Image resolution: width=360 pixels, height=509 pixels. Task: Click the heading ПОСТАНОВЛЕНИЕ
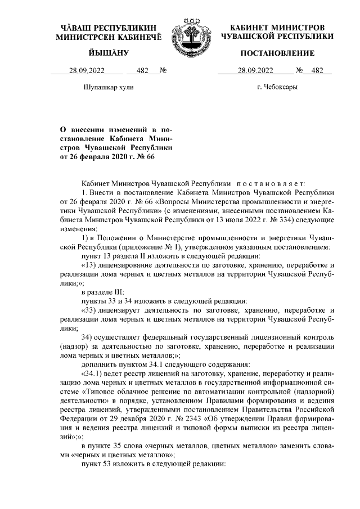click(x=277, y=53)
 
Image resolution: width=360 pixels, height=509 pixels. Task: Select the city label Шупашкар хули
click(x=108, y=87)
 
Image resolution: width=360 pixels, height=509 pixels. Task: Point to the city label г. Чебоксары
click(x=277, y=87)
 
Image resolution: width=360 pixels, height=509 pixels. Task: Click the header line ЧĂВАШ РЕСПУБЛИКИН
click(x=109, y=28)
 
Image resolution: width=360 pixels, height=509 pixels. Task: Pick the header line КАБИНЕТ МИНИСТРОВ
click(x=277, y=28)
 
